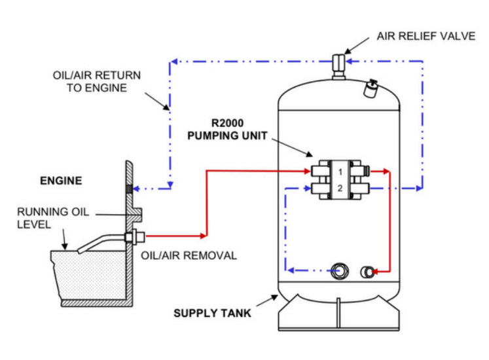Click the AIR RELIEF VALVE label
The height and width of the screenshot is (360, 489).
point(426,36)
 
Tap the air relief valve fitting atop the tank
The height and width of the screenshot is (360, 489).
point(338,67)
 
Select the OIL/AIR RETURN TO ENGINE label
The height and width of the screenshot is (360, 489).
point(97,81)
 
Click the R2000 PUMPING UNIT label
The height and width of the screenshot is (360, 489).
point(227,129)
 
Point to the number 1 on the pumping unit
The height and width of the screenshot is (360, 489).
point(340,172)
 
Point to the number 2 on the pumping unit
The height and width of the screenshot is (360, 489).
point(340,188)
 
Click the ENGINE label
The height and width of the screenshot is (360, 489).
point(61,181)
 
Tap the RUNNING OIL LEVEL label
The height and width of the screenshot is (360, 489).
point(53,218)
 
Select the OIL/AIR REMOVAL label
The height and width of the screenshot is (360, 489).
point(189,255)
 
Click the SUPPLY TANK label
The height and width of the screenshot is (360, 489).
point(212,313)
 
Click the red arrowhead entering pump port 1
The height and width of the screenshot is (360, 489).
point(307,171)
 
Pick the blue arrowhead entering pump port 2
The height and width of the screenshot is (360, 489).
point(308,188)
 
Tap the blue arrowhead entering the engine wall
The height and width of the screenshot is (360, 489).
point(136,189)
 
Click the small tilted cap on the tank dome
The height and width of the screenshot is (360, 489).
point(370,88)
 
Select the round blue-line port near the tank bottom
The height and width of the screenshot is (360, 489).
point(339,271)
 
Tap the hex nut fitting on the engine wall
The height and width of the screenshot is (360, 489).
point(134,237)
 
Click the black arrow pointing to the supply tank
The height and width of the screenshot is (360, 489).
point(267,300)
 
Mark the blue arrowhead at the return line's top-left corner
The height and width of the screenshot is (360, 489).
point(174,62)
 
